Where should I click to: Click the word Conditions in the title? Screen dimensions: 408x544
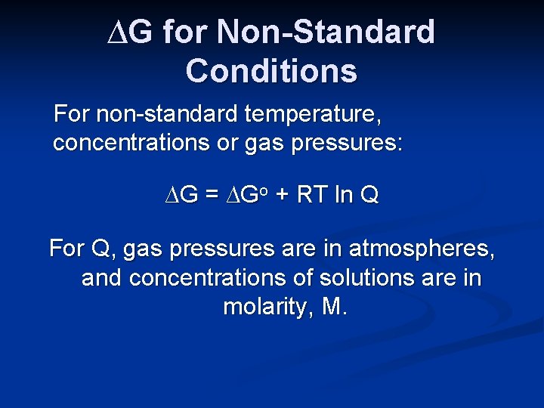[271, 70]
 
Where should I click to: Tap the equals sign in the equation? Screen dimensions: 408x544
[212, 196]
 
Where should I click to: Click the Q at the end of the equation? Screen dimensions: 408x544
[370, 196]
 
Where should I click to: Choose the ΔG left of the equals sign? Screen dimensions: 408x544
[182, 196]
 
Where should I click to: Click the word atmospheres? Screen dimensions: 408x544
[423, 249]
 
